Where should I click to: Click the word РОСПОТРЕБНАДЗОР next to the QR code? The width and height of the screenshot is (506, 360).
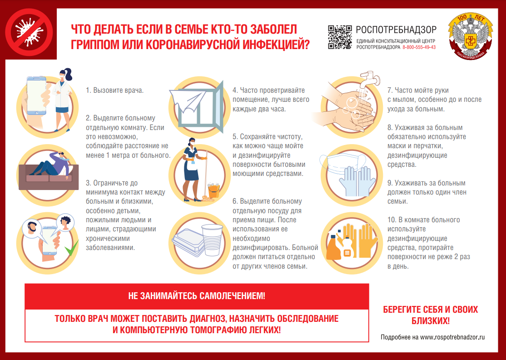tap(396, 30)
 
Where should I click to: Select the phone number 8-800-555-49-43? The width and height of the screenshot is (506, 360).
tap(419, 47)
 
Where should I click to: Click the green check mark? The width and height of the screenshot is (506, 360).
tap(70, 249)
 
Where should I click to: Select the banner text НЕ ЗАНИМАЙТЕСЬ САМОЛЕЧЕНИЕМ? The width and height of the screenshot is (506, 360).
tap(197, 296)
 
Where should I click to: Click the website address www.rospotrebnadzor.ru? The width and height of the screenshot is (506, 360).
tap(452, 337)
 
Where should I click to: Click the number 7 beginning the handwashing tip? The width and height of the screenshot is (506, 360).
tap(389, 90)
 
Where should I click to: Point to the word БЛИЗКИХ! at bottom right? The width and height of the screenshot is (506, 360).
tap(430, 321)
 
